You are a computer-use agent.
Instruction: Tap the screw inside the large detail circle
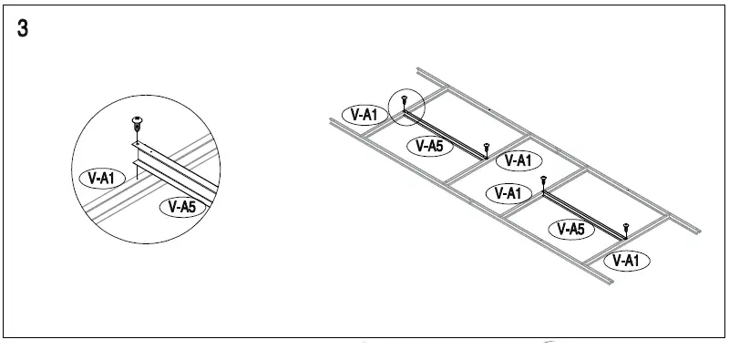coord(137,124)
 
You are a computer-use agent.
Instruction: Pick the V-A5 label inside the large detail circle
coord(182,207)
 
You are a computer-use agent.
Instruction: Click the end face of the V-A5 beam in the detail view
coord(137,162)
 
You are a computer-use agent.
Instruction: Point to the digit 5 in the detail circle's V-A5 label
coord(191,207)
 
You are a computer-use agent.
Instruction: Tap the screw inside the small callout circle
coord(404,104)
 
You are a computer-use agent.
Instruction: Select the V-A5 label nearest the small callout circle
coord(429,145)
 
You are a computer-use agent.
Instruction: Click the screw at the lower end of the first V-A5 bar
coord(487,147)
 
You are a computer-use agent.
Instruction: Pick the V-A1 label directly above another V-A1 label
coord(518,161)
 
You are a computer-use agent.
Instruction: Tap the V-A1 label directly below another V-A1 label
coord(505,193)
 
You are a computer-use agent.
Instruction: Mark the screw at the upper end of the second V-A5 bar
coord(544,181)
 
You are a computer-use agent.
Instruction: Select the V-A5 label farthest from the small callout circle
coord(570,229)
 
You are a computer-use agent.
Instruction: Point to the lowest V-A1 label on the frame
coord(625,261)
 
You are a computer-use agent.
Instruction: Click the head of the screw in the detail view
coord(137,118)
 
